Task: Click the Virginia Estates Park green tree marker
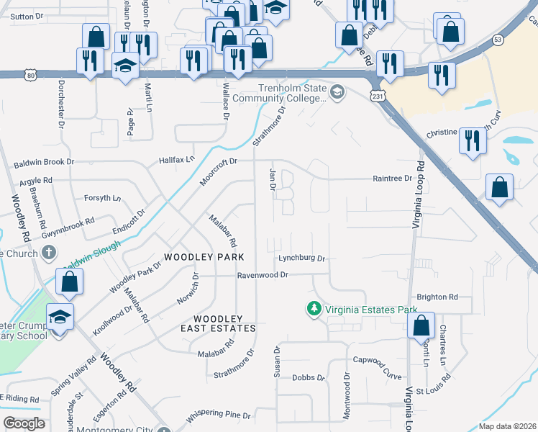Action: [314, 309]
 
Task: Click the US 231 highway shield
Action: [377, 95]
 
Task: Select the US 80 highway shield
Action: [28, 73]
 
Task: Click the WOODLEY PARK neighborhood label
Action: [204, 257]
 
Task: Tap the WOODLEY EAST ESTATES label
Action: [224, 323]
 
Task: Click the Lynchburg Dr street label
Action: [303, 258]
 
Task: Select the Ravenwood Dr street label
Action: [263, 275]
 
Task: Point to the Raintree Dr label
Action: [391, 178]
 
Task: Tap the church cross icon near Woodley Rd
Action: [48, 252]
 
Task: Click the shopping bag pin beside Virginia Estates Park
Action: [421, 325]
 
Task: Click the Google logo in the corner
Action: [24, 423]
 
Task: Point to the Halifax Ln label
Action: [178, 158]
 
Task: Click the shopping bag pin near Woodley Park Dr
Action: [69, 283]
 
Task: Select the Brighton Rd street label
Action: [437, 297]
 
